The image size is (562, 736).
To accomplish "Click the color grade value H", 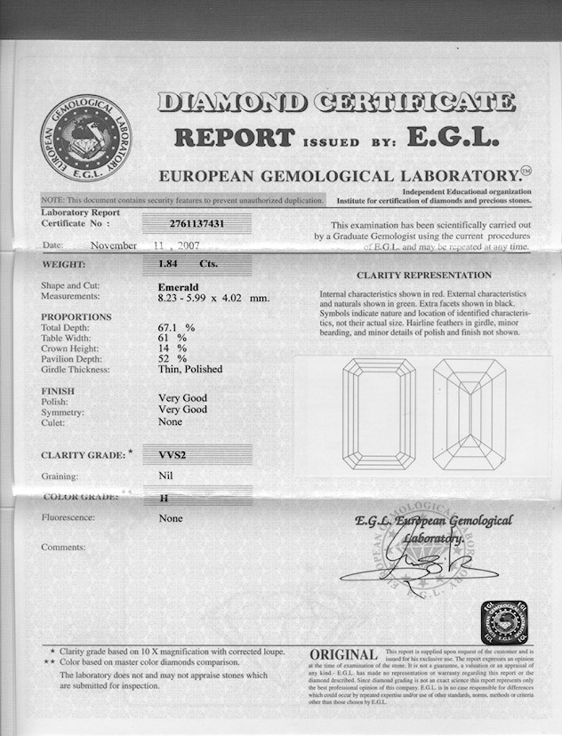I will [163, 499].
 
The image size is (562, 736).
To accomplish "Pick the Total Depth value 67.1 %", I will [176, 328].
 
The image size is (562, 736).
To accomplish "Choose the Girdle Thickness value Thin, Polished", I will [190, 369].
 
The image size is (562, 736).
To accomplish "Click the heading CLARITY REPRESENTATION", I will [424, 276].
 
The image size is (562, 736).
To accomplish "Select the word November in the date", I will [113, 245].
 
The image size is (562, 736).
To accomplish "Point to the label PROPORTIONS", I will [76, 317].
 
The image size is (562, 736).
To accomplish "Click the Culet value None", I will [171, 422].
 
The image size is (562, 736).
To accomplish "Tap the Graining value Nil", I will [165, 476].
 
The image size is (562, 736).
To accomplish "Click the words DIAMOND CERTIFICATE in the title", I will [336, 102].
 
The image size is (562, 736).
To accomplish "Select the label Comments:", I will [65, 547].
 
